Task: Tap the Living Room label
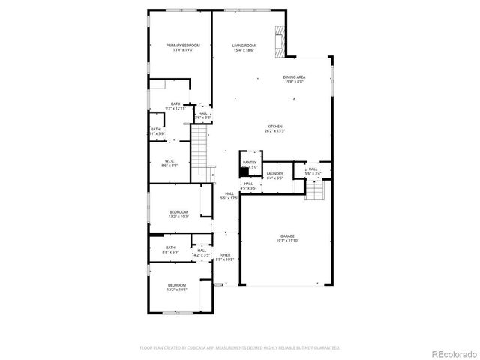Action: pos(244,46)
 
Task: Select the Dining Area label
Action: pos(294,77)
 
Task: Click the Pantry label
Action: pos(249,162)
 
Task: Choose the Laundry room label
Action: pos(274,173)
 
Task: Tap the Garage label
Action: pos(286,235)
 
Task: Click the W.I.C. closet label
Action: pos(171,160)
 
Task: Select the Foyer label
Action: pos(225,255)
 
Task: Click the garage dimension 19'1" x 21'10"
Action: pos(286,240)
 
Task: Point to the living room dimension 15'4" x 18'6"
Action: pos(244,50)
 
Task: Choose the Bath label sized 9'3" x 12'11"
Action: pos(175,104)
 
